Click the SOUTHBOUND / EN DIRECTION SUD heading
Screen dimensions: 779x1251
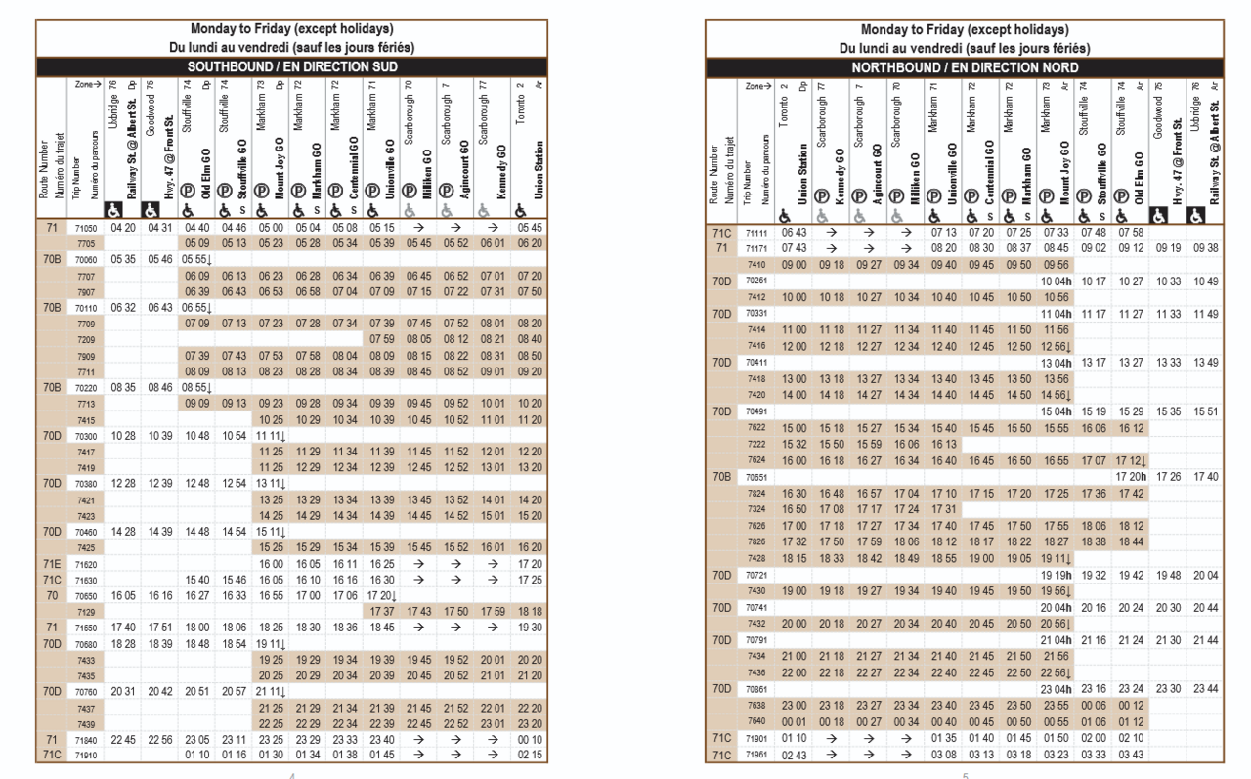[291, 67]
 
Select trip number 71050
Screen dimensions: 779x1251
[85, 228]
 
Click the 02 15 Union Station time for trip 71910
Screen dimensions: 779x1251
[531, 756]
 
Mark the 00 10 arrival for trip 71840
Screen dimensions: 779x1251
[531, 741]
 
